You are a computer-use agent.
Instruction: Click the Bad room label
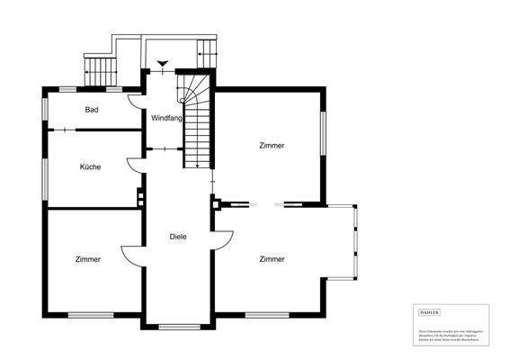pos(91,110)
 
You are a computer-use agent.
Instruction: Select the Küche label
pos(90,166)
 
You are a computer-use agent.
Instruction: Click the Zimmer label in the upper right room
pos(271,145)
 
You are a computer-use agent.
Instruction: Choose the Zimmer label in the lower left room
pos(88,258)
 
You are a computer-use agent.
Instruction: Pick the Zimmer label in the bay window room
pos(272,258)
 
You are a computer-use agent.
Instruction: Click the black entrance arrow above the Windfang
pos(162,64)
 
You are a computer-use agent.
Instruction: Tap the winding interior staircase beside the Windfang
pos(196,121)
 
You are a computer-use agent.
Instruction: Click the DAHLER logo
pos(430,311)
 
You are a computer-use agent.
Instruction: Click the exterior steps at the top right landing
pos(208,50)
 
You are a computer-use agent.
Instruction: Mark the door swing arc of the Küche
pos(132,163)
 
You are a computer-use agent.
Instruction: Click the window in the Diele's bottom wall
pos(178,326)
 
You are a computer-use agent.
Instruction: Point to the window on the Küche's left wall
pos(46,172)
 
